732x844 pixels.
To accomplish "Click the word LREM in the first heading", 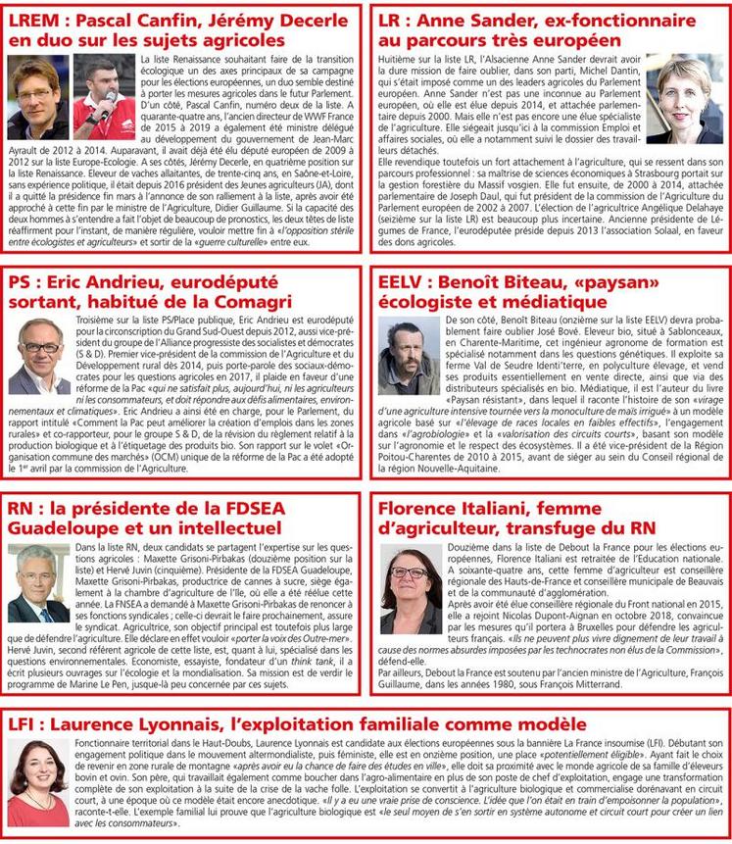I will (x=38, y=20).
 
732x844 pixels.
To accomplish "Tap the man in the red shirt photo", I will (x=103, y=97).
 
